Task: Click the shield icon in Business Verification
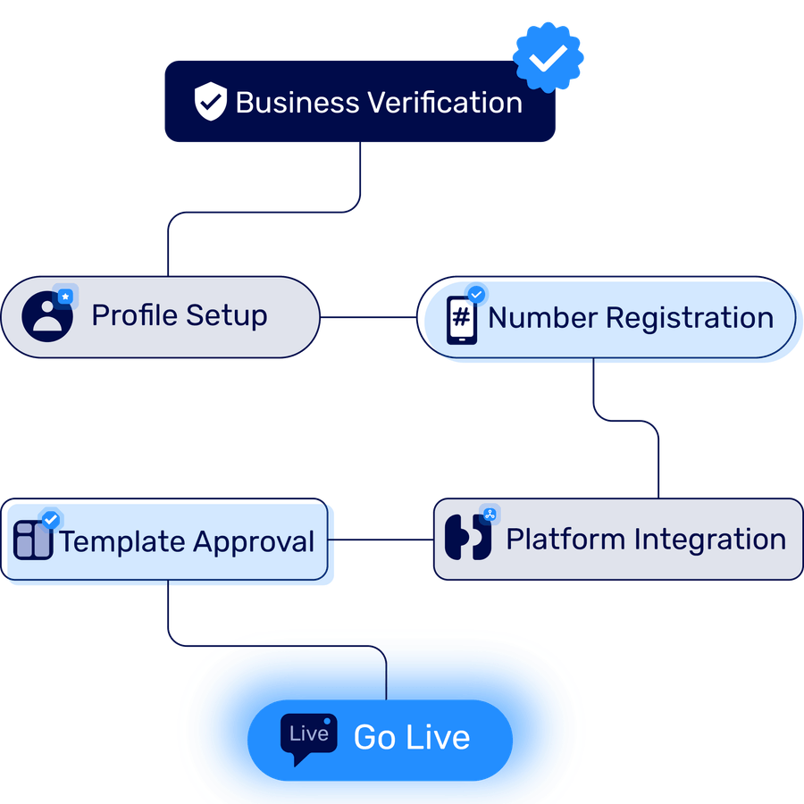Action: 210,102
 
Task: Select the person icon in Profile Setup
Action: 47,316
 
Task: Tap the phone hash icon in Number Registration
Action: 462,319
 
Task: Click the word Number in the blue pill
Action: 542,318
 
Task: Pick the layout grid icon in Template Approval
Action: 34,540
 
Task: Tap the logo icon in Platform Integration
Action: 468,538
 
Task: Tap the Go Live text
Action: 412,737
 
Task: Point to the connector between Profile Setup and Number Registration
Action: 368,317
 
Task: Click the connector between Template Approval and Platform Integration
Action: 381,540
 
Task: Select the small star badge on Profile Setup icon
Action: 64,295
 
